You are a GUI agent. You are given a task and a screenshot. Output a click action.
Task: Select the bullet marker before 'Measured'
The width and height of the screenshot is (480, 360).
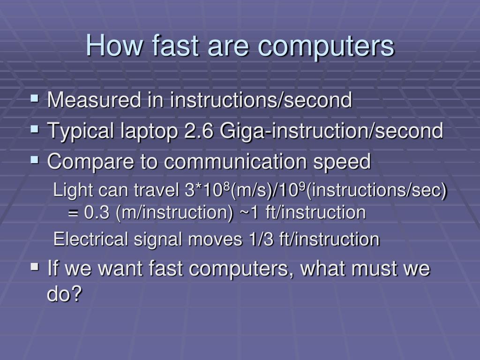35,98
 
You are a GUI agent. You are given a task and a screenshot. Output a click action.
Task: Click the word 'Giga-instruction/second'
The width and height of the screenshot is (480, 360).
331,131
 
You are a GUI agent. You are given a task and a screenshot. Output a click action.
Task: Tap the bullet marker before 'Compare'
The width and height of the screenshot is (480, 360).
35,161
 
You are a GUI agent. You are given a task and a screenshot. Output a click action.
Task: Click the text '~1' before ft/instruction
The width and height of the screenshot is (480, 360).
249,212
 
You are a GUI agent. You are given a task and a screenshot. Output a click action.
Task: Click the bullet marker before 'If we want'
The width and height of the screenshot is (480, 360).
35,268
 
